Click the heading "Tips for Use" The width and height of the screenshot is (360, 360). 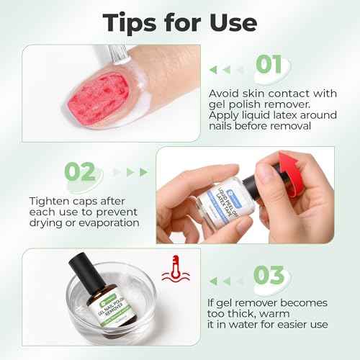point(180,21)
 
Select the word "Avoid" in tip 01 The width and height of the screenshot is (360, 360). point(225,94)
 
